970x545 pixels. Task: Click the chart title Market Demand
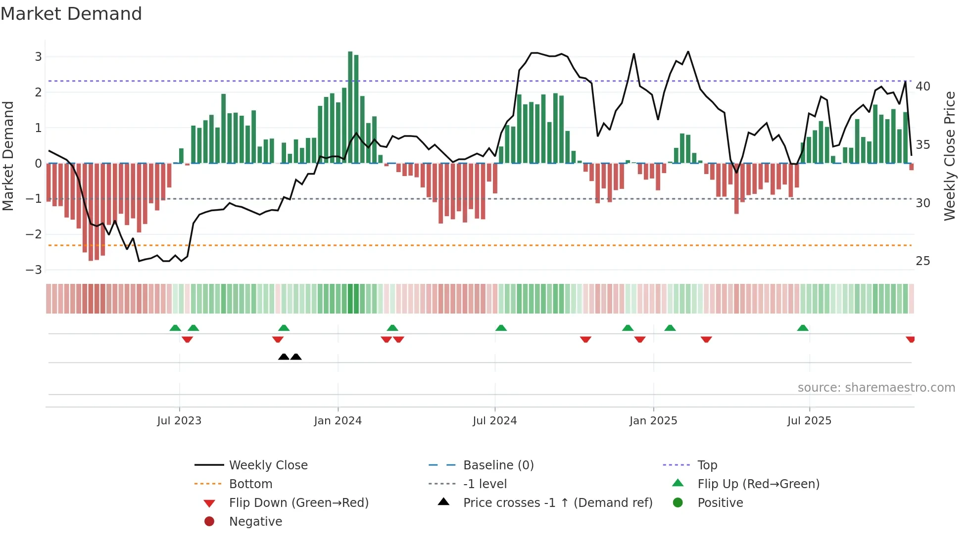[x=71, y=14]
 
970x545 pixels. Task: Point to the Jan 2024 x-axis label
[x=338, y=421]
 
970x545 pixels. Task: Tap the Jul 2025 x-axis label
[x=809, y=421]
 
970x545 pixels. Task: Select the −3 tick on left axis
[x=34, y=270]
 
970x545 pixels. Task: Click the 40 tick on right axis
[x=923, y=87]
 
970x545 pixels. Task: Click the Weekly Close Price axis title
[x=949, y=156]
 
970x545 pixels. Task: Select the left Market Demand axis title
[x=8, y=156]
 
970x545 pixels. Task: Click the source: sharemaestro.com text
[x=876, y=388]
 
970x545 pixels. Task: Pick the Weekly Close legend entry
[x=268, y=465]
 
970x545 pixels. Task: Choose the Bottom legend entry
[x=250, y=484]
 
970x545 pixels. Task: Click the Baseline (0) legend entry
[x=498, y=465]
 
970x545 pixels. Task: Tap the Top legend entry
[x=707, y=465]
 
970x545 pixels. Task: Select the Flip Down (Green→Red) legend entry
[x=298, y=503]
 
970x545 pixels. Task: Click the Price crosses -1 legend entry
[x=557, y=503]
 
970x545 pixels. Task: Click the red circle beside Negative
[x=209, y=522]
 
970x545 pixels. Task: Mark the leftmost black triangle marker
[x=284, y=357]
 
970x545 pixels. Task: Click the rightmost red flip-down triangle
[x=910, y=339]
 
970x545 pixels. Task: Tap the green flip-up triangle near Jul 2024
[x=501, y=328]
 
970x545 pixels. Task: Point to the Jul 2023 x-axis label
[x=179, y=421]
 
